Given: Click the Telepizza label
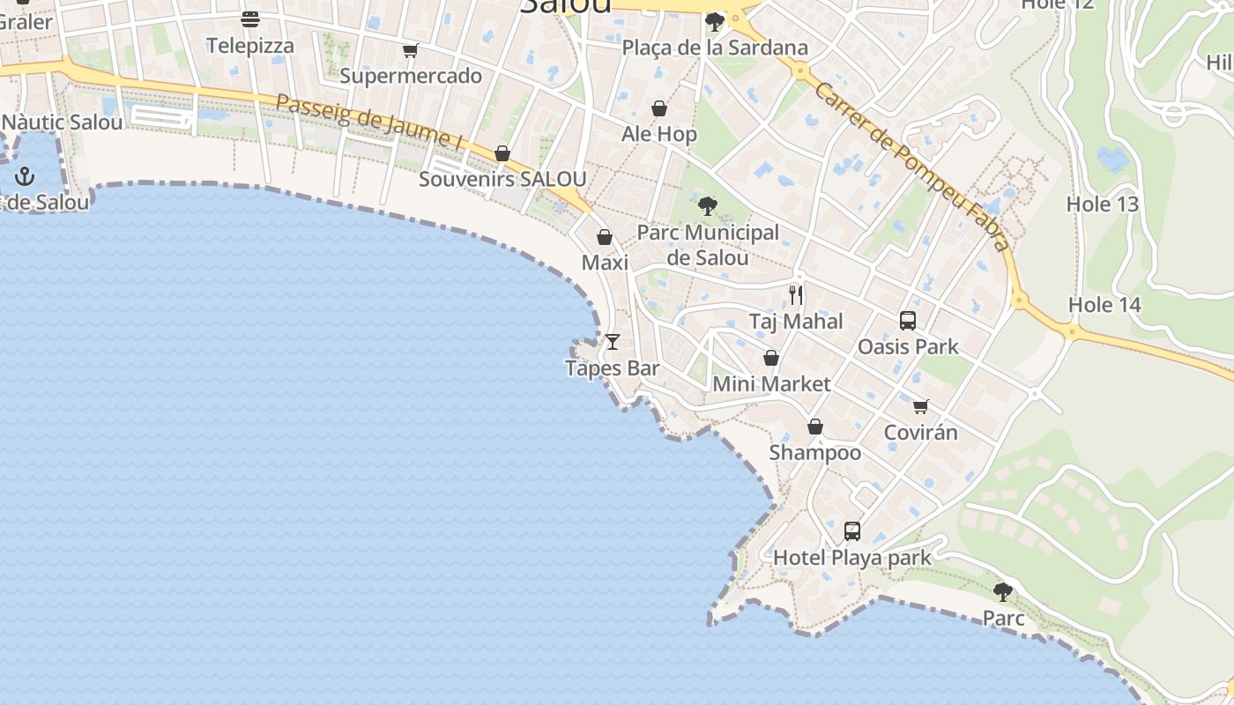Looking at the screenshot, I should tap(250, 46).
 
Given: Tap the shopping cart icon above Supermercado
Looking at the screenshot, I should tap(410, 50).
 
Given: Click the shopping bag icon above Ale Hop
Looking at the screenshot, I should tap(659, 108).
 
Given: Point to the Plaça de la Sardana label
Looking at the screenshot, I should tap(715, 48).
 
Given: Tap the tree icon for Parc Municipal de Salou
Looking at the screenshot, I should tap(707, 206).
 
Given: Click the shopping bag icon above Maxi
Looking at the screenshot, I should tap(605, 237).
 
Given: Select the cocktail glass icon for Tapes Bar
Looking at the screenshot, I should tap(613, 341).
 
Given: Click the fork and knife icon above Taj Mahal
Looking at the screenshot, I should tap(796, 294).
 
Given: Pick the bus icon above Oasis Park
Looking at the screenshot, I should tap(908, 321).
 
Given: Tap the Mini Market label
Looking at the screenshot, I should tap(771, 384).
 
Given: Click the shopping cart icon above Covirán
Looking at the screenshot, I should tap(921, 406).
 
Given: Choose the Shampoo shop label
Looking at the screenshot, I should tap(815, 453).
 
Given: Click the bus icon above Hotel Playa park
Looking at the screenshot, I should tap(852, 531).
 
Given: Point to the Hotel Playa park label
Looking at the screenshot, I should tap(852, 558).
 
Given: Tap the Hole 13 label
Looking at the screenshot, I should tap(1103, 204).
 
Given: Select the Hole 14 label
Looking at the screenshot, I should tap(1104, 306).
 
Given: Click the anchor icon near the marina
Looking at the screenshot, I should tap(25, 177).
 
